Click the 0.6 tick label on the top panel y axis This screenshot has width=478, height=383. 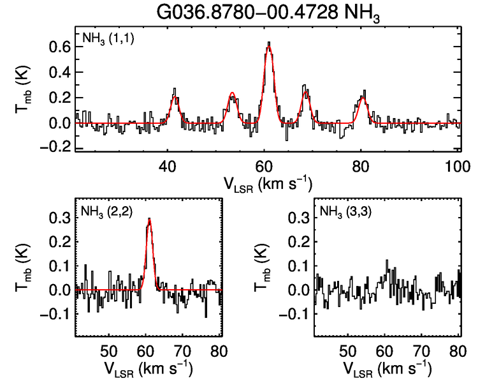pos(57,47)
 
